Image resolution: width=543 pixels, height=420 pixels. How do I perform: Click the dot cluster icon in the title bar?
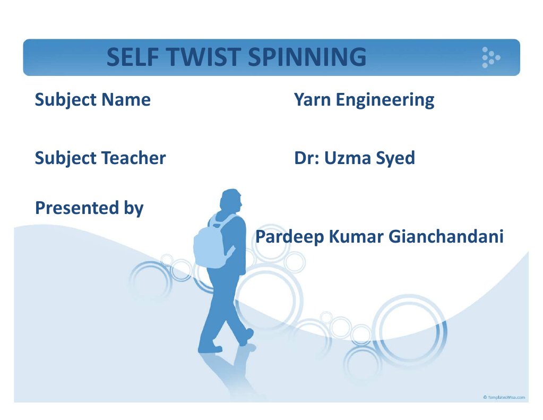click(490, 57)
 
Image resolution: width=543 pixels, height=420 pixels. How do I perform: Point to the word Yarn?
click(312, 99)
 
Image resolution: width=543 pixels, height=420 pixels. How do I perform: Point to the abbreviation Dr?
click(306, 158)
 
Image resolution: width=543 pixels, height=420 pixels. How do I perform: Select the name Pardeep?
click(289, 237)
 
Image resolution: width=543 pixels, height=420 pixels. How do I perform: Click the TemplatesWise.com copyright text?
click(504, 397)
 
